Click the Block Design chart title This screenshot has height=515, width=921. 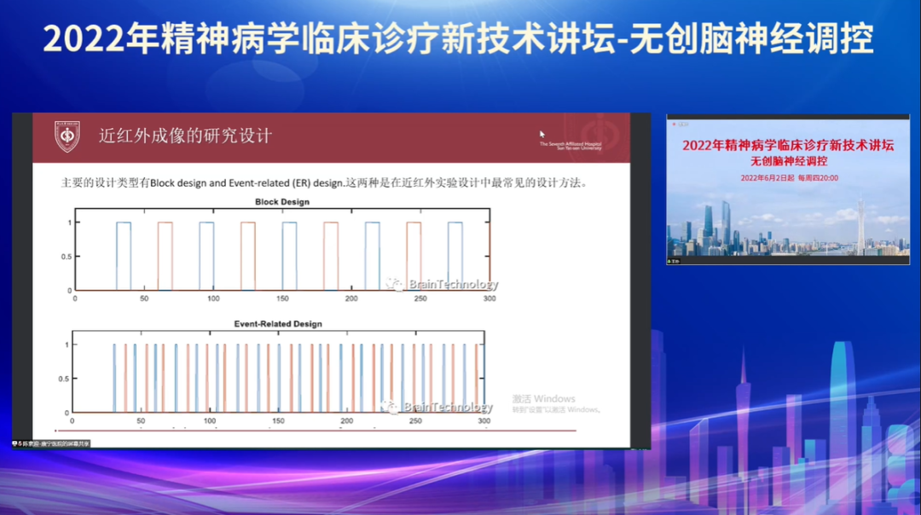click(x=282, y=202)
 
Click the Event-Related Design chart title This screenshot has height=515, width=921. click(x=278, y=324)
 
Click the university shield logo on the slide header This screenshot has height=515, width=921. click(x=67, y=136)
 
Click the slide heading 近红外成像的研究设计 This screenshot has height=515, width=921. click(x=185, y=136)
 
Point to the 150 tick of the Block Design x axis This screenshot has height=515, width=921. click(x=282, y=298)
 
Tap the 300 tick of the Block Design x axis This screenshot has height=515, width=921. click(x=489, y=298)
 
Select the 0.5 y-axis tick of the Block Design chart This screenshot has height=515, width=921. click(x=67, y=257)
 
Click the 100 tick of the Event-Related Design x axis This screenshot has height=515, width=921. click(x=210, y=421)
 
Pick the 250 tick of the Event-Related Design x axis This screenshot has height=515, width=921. click(x=415, y=421)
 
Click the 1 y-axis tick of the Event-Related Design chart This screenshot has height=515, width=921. click(x=66, y=344)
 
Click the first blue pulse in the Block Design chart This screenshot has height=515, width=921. click(x=124, y=256)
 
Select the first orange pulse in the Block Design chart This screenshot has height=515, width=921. click(x=165, y=256)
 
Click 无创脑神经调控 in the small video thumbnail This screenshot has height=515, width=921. click(x=788, y=160)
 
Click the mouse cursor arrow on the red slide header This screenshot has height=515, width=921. click(x=542, y=134)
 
